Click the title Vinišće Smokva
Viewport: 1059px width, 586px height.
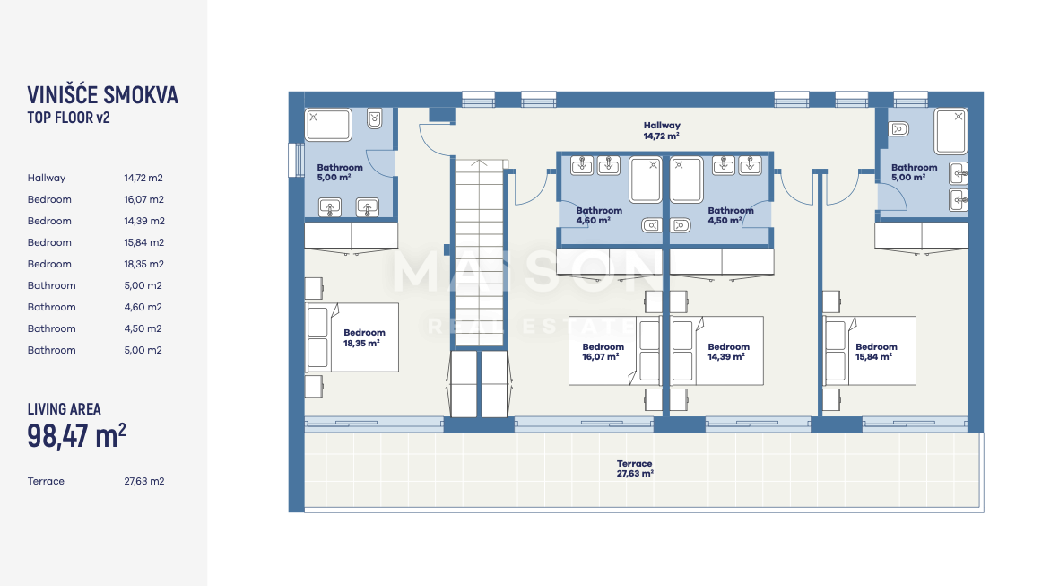[x=102, y=95]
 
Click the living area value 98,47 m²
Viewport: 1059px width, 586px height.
[x=76, y=436]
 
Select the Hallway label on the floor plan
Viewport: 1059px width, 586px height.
[x=661, y=130]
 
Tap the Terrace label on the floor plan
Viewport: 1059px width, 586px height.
[x=634, y=468]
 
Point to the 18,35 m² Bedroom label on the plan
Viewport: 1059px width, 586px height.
[x=364, y=337]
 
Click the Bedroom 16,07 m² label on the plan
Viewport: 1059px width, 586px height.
[x=603, y=352]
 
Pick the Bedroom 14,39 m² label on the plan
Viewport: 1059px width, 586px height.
[x=728, y=352]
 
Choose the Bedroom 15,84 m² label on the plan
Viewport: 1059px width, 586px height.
[x=876, y=352]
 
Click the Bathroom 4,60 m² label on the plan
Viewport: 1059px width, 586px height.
[x=599, y=215]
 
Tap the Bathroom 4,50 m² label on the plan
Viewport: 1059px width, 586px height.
[x=731, y=215]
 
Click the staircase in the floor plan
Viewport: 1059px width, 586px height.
[x=479, y=253]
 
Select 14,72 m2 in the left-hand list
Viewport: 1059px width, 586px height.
[x=143, y=178]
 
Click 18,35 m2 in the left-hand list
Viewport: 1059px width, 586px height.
[x=143, y=264]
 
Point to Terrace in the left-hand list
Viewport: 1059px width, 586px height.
[x=46, y=481]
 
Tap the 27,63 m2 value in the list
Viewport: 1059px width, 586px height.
[x=143, y=481]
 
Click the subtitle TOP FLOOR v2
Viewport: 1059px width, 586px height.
[x=68, y=118]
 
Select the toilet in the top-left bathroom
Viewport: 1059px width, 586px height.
[x=374, y=119]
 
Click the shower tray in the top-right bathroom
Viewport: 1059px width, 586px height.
[x=950, y=131]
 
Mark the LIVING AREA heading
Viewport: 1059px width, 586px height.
[x=65, y=409]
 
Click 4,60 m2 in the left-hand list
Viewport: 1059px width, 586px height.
[x=143, y=307]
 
